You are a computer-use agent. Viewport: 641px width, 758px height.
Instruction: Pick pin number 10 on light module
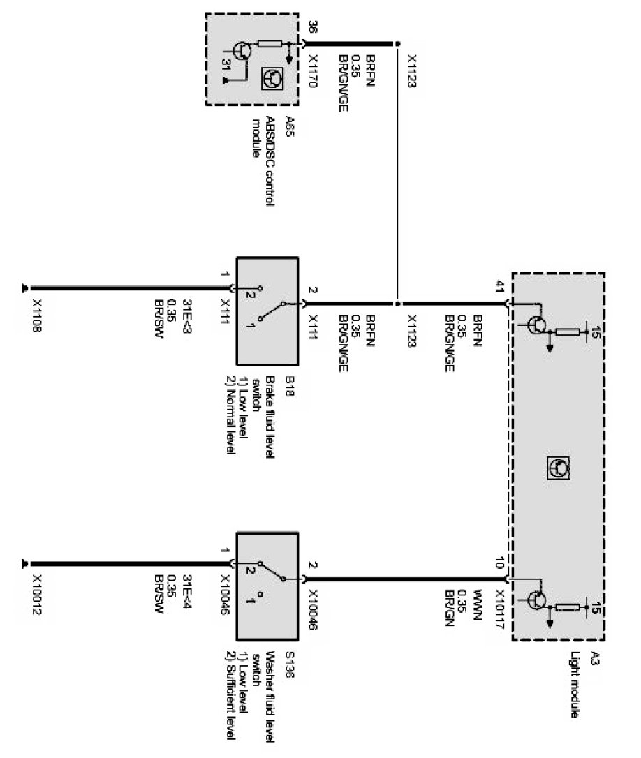click(x=499, y=563)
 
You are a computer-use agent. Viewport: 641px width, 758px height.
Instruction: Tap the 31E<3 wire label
click(x=186, y=313)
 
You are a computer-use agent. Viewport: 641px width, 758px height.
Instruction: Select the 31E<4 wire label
click(x=186, y=590)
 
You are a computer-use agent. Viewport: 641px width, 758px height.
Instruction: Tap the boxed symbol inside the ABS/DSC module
click(x=272, y=79)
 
